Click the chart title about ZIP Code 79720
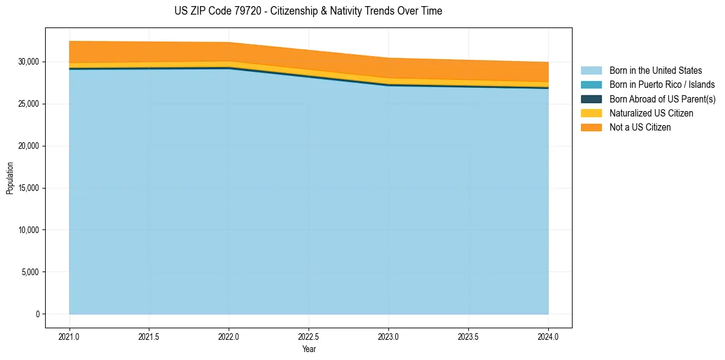[x=308, y=11]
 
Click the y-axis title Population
[x=10, y=178]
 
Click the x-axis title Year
[x=309, y=349]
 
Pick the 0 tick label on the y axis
[x=37, y=314]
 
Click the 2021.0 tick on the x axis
[x=69, y=336]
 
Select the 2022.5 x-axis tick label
[x=309, y=336]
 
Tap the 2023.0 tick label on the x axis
[x=388, y=336]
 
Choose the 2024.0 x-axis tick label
[x=548, y=336]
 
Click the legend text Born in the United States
[x=655, y=71]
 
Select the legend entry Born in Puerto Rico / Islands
[x=662, y=85]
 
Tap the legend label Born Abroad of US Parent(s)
[x=662, y=99]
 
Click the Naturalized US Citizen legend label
[x=651, y=113]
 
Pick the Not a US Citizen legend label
[x=640, y=127]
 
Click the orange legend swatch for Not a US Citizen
[x=591, y=127]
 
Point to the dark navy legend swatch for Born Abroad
[x=591, y=99]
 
